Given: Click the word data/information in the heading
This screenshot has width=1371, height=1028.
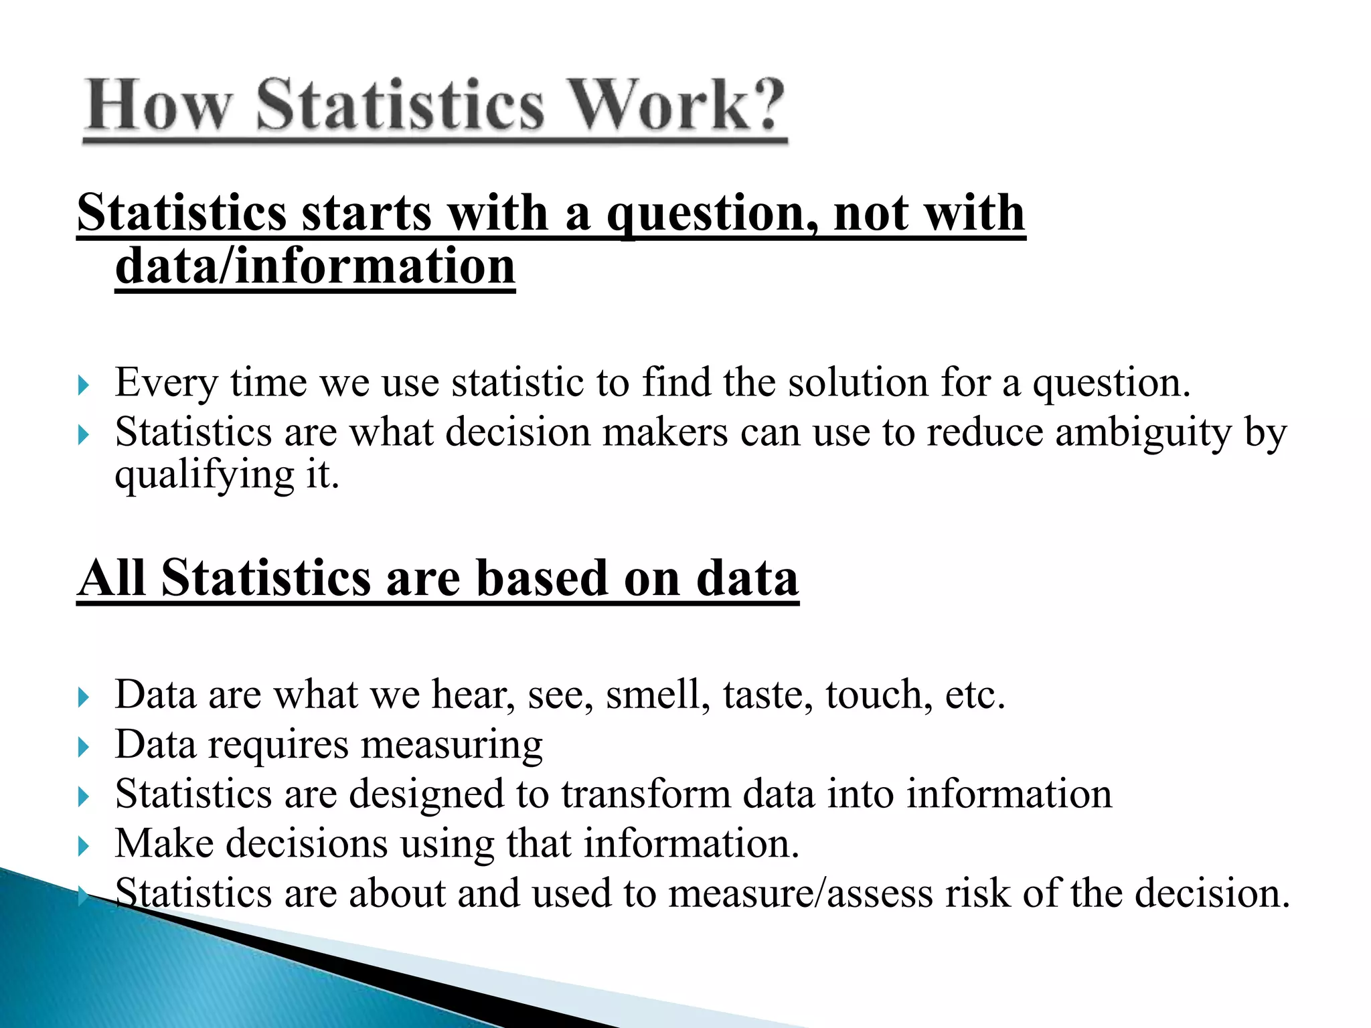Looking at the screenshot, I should coord(315,266).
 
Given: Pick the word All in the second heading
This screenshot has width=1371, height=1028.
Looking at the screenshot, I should coord(112,578).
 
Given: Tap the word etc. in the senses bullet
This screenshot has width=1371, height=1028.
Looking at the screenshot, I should coord(975,694).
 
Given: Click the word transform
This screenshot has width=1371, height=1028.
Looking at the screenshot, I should coord(645,794).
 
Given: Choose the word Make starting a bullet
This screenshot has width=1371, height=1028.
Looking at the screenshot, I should coord(164,843).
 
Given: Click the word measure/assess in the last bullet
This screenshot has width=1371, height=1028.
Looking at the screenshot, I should coord(800,893).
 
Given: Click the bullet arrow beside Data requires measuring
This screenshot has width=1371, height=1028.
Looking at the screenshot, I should coord(83,746).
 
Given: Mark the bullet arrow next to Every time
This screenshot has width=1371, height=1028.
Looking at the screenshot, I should coord(83,385).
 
